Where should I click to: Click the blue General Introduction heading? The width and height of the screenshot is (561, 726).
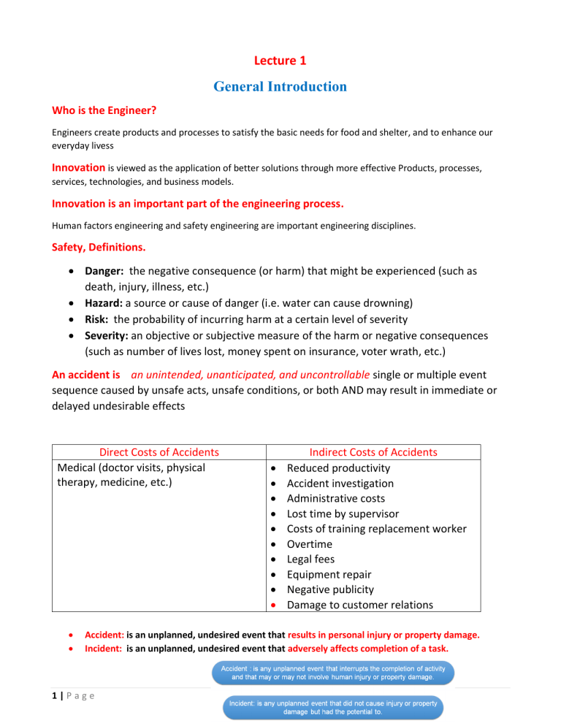280,87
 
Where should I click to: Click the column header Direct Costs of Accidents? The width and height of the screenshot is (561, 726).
159,452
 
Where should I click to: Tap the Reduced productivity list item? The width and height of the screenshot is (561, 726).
338,468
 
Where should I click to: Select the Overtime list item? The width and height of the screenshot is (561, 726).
310,544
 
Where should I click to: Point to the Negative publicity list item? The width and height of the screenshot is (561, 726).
330,589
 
